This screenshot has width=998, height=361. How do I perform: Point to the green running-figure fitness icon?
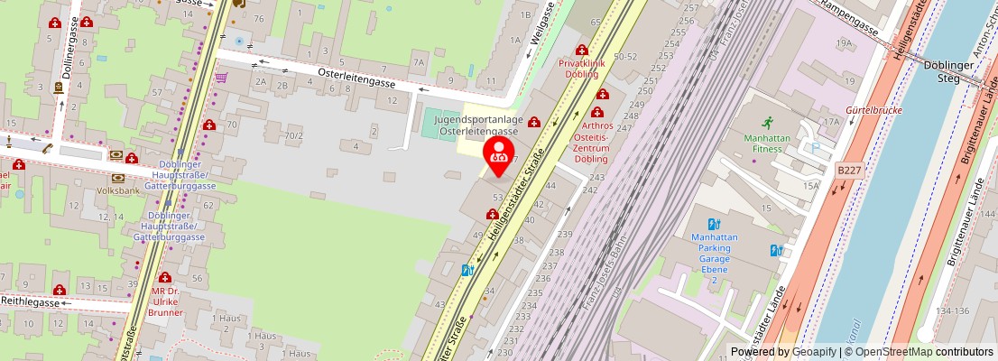(767, 122)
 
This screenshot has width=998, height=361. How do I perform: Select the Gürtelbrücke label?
(874, 110)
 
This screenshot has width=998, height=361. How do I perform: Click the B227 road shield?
(849, 170)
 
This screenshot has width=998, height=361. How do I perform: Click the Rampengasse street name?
(849, 19)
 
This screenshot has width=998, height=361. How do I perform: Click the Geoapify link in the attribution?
(815, 352)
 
